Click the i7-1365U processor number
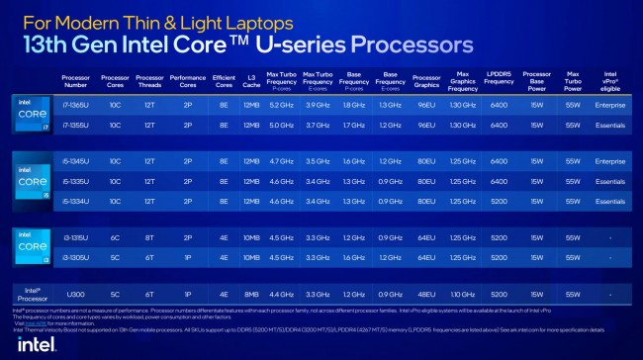click(x=80, y=104)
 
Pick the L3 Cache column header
click(x=250, y=78)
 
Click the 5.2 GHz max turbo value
click(x=281, y=104)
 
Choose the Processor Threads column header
click(x=148, y=78)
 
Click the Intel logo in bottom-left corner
click(x=30, y=340)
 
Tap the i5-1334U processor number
click(x=80, y=200)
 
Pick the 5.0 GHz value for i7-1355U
click(x=281, y=125)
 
